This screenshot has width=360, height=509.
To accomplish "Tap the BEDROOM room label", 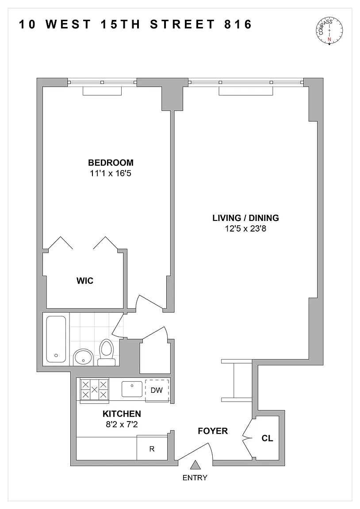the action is point(111,162).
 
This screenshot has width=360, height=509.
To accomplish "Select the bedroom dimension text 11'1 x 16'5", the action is point(111,173).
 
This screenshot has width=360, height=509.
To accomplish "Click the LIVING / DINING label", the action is point(245,218).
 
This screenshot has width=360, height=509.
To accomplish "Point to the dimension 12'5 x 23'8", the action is point(245,228).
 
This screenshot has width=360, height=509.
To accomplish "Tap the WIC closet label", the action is point(85,281).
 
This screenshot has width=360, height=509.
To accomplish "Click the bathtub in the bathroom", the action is point(56,339).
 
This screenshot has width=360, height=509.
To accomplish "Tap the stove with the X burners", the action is point(95,389).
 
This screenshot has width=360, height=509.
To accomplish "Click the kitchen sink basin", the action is point(132,389).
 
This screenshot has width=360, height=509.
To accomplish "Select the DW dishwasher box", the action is point(157,390).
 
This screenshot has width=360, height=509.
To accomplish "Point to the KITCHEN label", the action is point(122,414).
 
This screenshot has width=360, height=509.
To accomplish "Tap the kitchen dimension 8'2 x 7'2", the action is point(122,424).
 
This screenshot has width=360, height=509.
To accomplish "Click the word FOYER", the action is point(213,431).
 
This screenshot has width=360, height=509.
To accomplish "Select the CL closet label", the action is point(267,438).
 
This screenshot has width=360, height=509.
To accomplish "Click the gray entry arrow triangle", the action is point(195,465).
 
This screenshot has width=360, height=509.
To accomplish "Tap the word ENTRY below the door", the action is point(195,478).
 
